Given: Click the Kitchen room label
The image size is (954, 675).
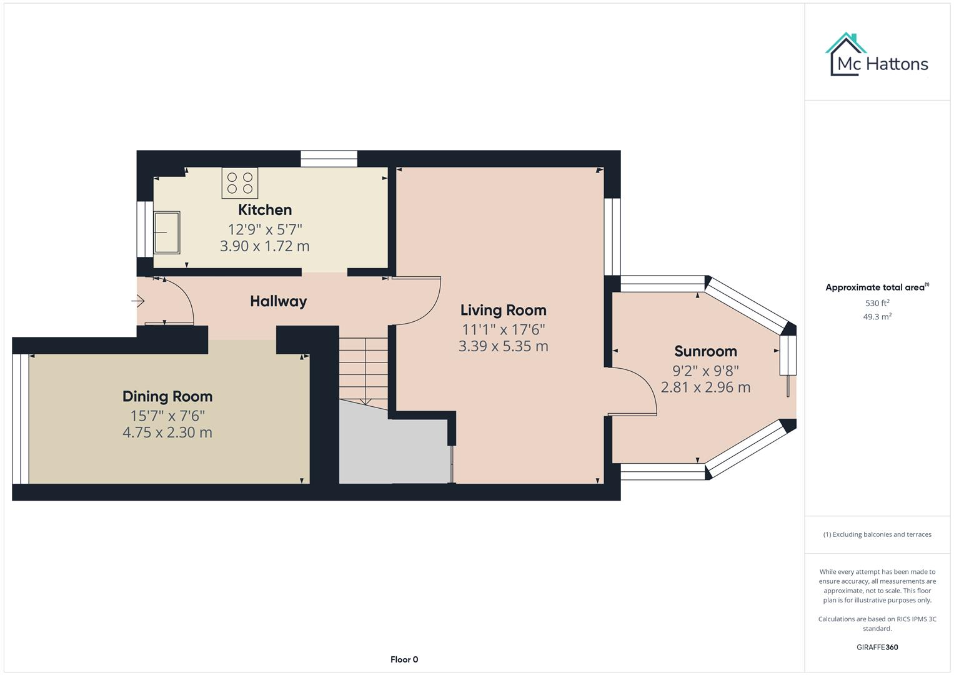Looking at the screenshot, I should click(x=265, y=210).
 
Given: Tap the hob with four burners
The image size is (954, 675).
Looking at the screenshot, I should click(x=240, y=182).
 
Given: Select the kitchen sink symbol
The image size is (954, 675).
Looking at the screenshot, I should click(x=167, y=232).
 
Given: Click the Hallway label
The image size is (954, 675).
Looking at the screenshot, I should click(x=278, y=301).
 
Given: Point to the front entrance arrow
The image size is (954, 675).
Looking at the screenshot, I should click(x=138, y=302).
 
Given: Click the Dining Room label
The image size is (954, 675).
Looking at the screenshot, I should click(x=167, y=396).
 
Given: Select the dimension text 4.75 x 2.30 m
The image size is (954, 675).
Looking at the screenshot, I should click(x=167, y=432).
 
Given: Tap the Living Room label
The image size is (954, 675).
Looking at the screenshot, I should click(x=503, y=310).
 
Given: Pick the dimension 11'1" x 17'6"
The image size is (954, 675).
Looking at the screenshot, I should click(x=503, y=329).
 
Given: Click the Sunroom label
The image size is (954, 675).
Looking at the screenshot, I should click(x=705, y=351).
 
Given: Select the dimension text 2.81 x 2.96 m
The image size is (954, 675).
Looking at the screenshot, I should click(x=705, y=387).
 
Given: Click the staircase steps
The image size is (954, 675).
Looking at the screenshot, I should click(x=364, y=369).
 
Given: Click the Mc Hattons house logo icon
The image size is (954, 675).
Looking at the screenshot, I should click(x=847, y=53).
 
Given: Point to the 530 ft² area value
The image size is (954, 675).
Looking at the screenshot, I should click(x=877, y=303).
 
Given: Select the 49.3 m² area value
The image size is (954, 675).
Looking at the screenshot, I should click(x=877, y=317).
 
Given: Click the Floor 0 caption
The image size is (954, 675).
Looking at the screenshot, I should click(x=404, y=659).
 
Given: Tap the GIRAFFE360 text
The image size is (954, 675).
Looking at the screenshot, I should click(x=877, y=647).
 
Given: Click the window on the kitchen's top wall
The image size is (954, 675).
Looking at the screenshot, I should click(x=329, y=159).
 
